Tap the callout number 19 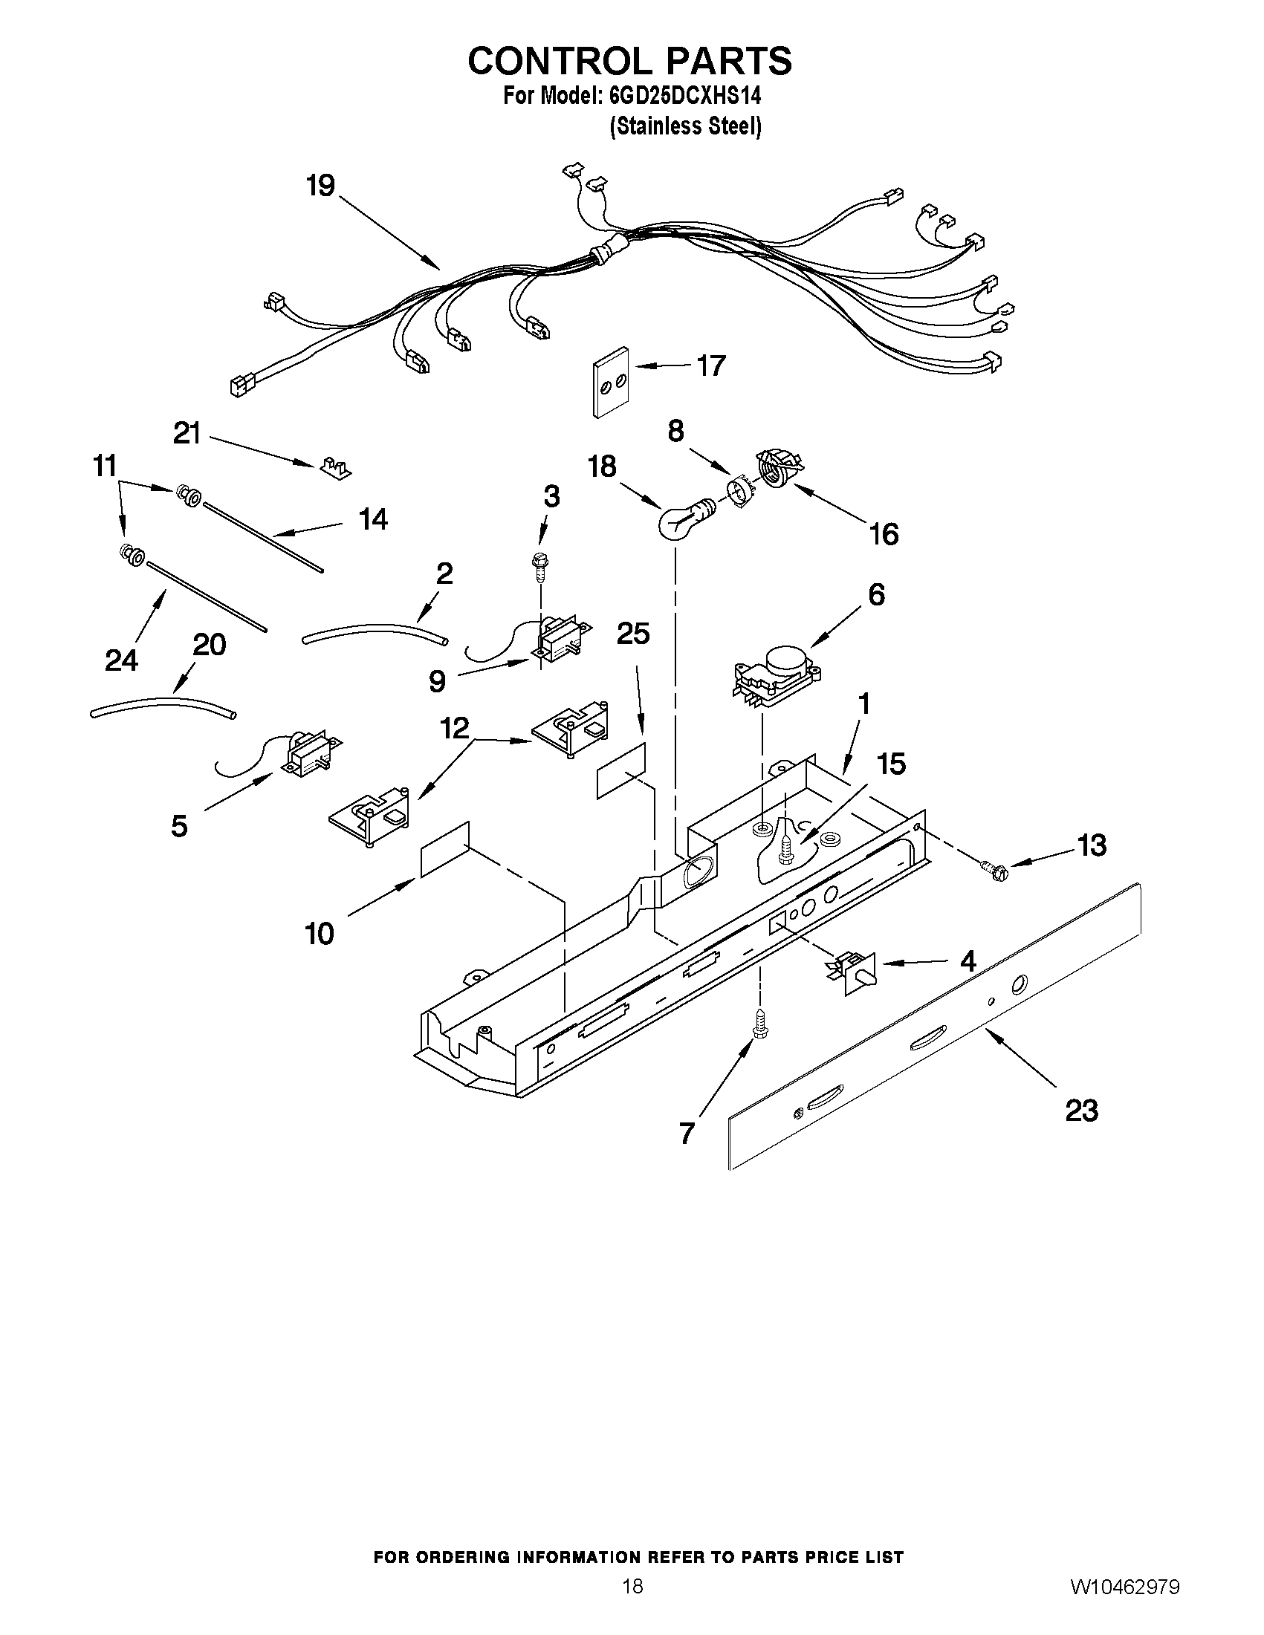tap(320, 186)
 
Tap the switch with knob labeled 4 tap(854, 971)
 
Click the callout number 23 tap(1081, 1111)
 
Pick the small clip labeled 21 tap(334, 469)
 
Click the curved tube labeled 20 tap(162, 707)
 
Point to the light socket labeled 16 tap(779, 470)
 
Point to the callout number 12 tap(454, 727)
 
